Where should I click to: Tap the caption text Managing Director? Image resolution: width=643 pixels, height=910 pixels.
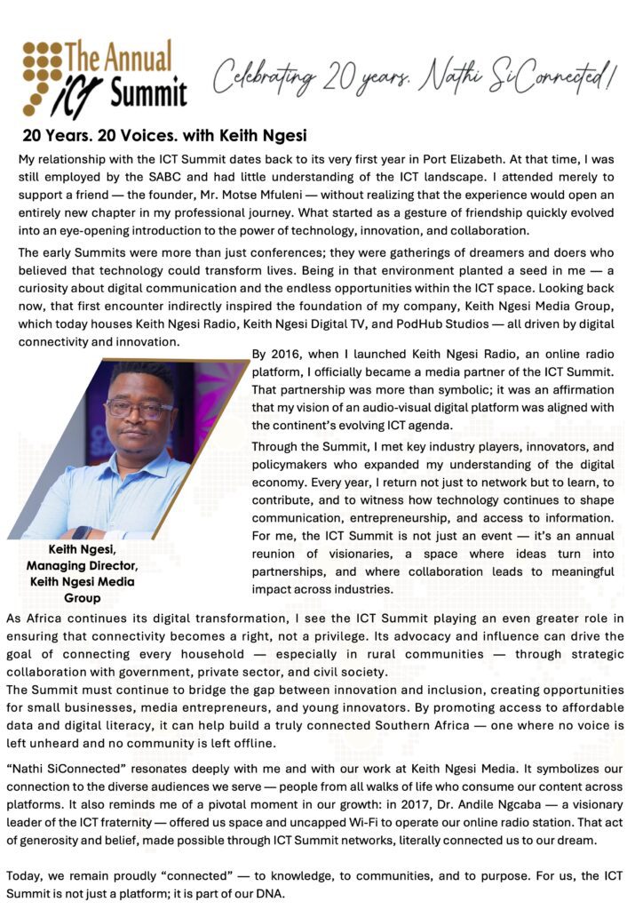point(81,566)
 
